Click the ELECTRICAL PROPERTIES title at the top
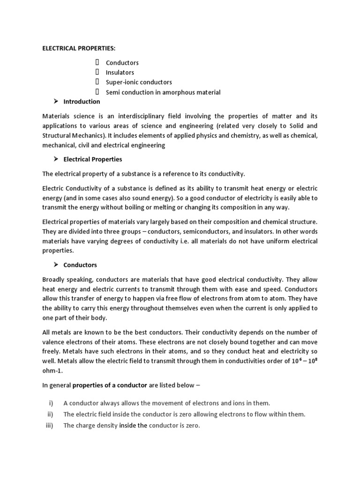79,48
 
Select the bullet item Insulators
120,72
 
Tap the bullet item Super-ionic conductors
139,82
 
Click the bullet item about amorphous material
163,92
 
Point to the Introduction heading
82,102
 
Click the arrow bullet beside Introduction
56,102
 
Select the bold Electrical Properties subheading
93,159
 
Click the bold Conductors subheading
80,265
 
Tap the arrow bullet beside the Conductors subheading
56,265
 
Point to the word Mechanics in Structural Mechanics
90,135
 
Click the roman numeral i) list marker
51,403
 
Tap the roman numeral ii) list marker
50,414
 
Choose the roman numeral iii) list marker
50,426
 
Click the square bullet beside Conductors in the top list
97,62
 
